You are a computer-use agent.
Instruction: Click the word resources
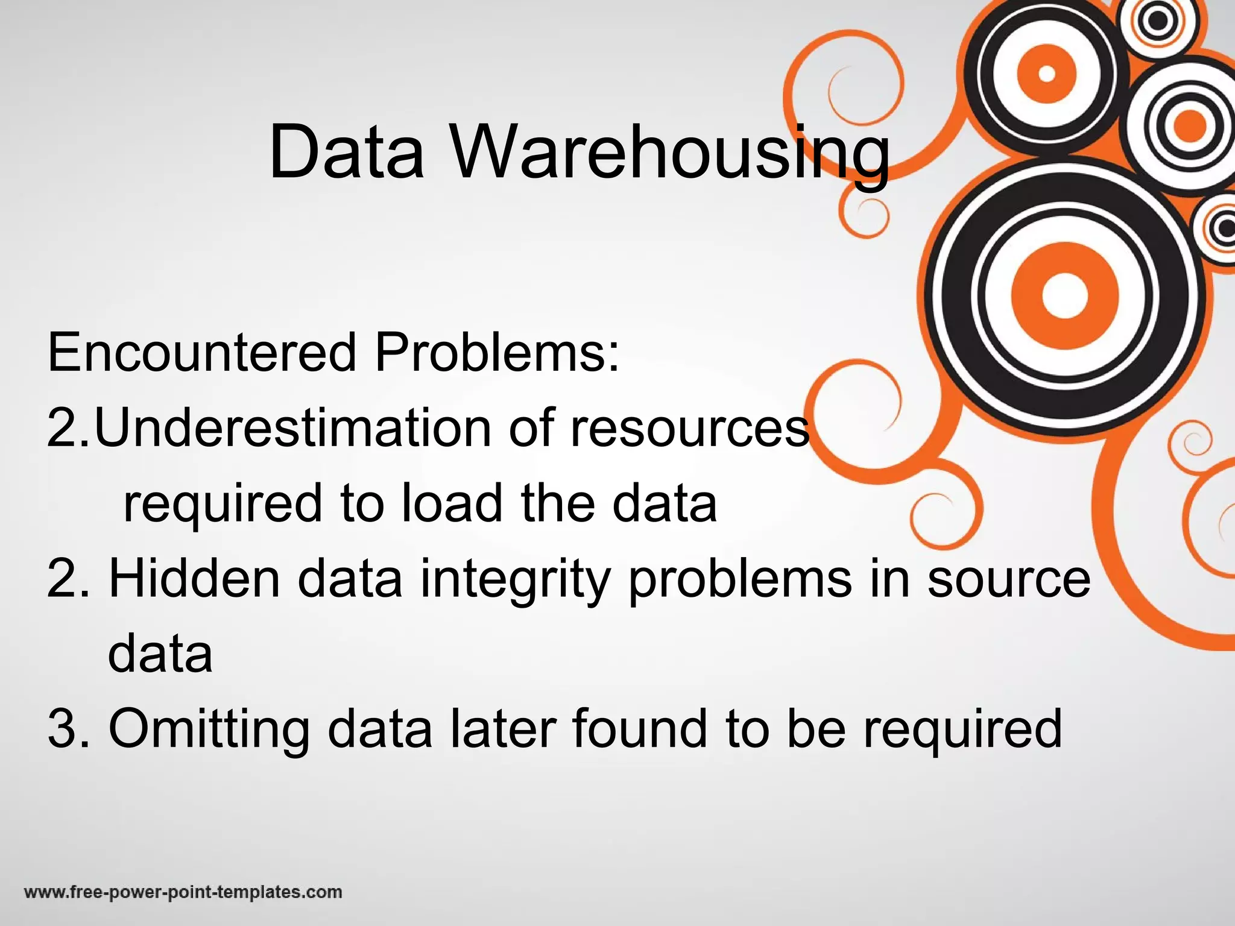click(689, 427)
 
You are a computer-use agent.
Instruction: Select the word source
click(1009, 578)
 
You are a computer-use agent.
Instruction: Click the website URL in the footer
click(183, 892)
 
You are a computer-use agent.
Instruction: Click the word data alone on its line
click(160, 654)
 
